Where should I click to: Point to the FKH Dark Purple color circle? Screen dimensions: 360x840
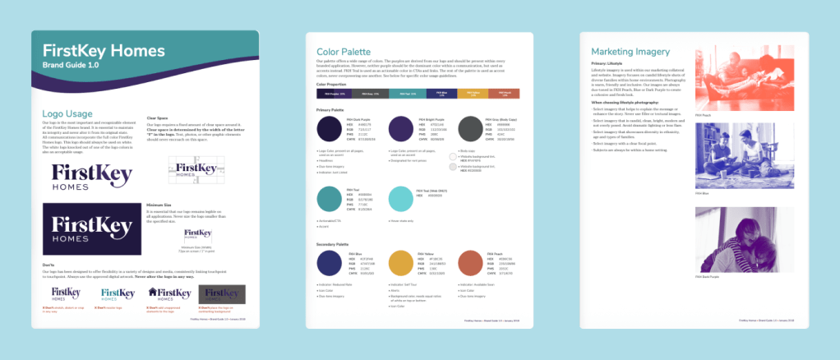pyautogui.click(x=330, y=129)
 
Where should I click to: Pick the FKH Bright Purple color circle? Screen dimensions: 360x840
pyautogui.click(x=401, y=129)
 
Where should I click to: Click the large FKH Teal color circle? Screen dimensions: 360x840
pyautogui.click(x=330, y=200)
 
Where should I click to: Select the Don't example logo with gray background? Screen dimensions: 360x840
pyautogui.click(x=221, y=293)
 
